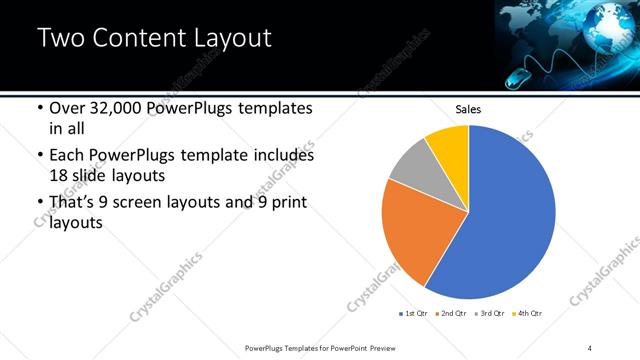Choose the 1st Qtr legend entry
point(414,315)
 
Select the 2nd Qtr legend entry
point(452,315)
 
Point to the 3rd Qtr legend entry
point(490,315)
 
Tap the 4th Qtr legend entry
point(527,315)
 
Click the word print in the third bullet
point(286,204)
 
